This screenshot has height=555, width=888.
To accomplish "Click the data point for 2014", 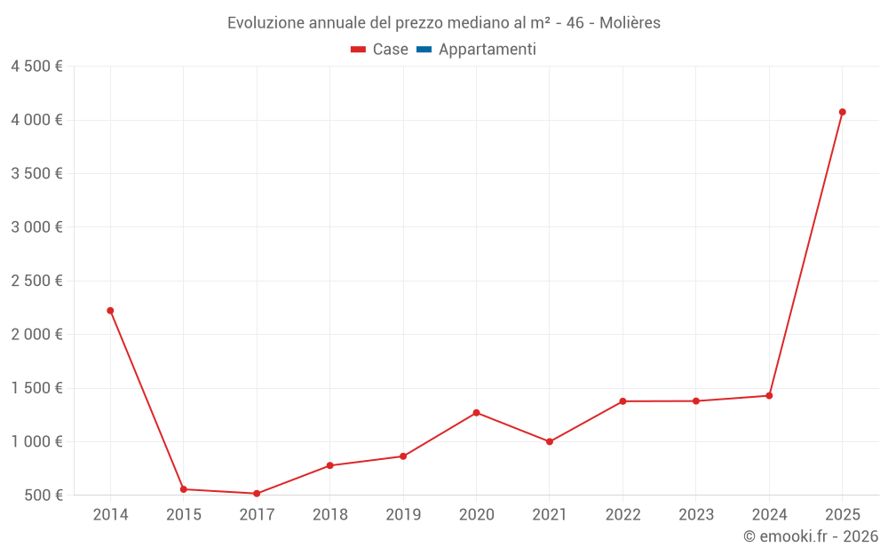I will (x=110, y=311).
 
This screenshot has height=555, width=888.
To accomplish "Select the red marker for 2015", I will (x=184, y=489).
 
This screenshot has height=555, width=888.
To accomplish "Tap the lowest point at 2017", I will (x=257, y=494).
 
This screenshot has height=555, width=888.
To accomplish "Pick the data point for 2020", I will (x=476, y=413).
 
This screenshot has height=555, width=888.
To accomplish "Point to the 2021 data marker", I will (x=550, y=441).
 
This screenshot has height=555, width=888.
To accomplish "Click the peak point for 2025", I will (x=842, y=112).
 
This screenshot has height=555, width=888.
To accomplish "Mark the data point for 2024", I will (x=769, y=396).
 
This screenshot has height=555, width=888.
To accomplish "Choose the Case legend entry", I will (x=379, y=50).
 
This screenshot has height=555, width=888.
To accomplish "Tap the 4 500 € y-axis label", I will (x=36, y=67).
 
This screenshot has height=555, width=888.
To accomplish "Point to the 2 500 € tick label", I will (x=36, y=281).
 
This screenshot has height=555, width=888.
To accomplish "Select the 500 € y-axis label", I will (x=43, y=495).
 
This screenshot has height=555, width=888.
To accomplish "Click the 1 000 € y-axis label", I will (x=36, y=441).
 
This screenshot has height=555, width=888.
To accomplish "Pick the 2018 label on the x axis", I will (x=330, y=515).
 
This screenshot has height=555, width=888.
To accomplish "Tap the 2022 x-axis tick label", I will (x=622, y=515).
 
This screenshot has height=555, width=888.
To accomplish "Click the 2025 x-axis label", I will (x=842, y=515).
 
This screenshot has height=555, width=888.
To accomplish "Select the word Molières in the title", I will (x=630, y=23).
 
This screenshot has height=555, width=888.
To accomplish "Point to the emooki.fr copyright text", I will (x=810, y=536).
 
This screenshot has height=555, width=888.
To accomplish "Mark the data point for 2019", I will (x=403, y=456).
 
